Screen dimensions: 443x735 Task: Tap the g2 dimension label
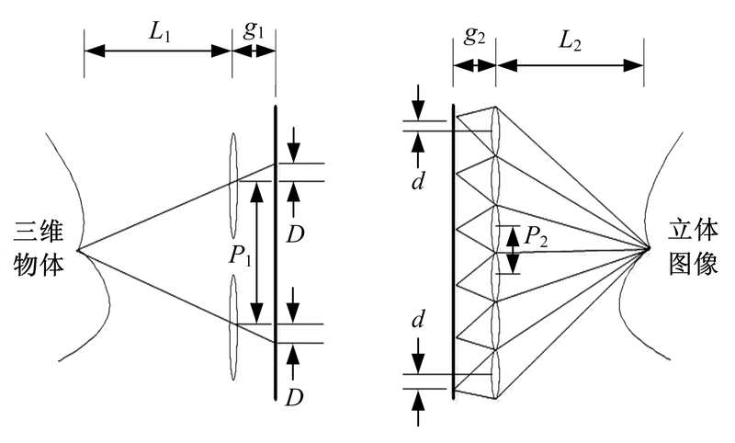(x=474, y=37)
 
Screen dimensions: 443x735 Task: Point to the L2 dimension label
(x=570, y=37)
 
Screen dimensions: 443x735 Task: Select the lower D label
(x=294, y=397)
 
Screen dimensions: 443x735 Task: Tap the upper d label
(x=419, y=179)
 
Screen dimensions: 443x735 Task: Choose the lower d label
(x=419, y=321)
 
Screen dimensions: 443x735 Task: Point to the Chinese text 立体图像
(x=695, y=248)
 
